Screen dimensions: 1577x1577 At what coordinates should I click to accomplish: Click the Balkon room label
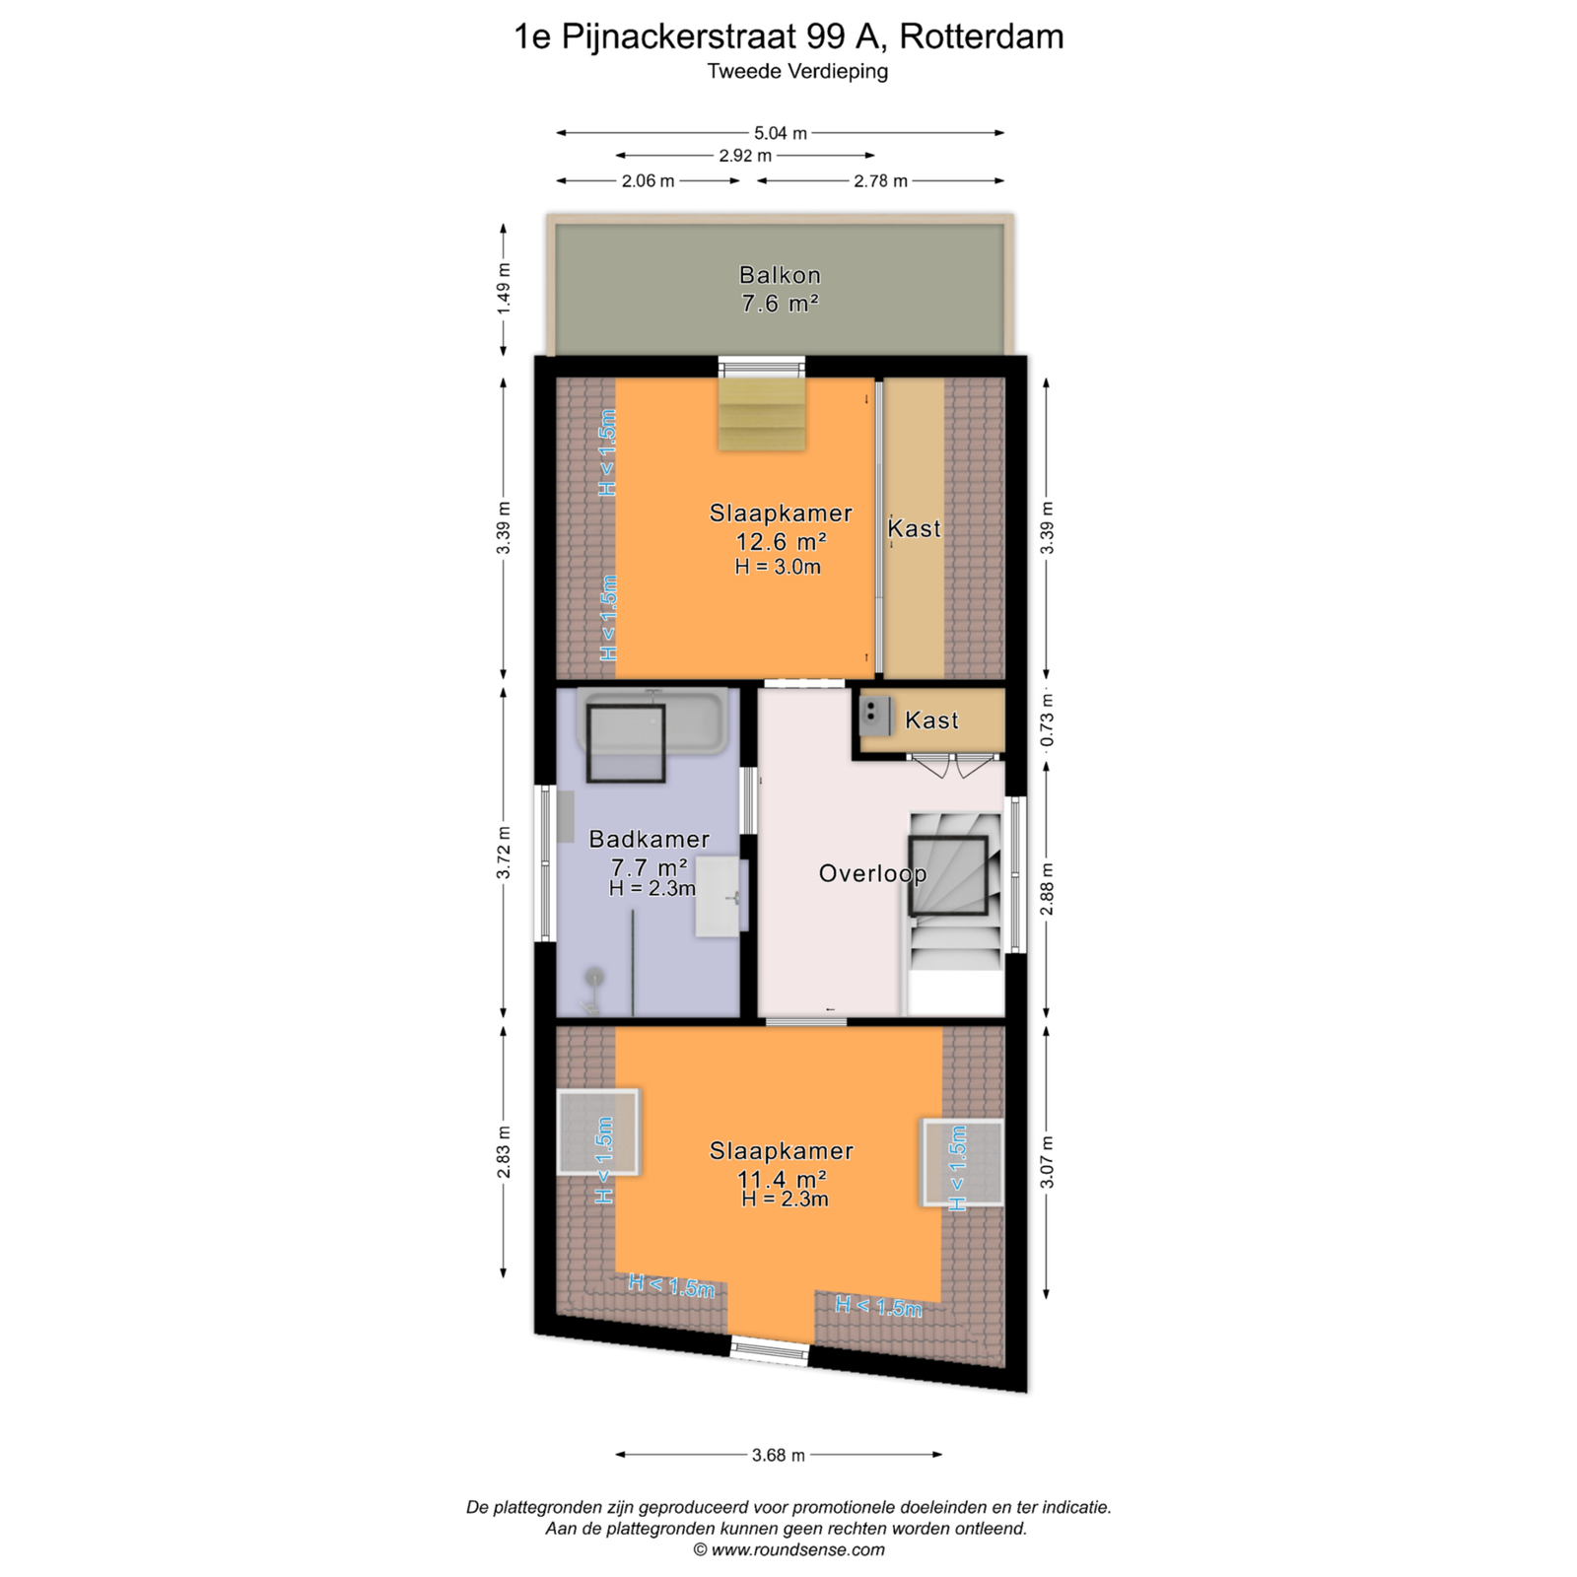tap(780, 275)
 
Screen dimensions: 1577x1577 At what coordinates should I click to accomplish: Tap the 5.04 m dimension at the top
tap(781, 133)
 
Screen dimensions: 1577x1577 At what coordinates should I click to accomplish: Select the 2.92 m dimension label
tap(745, 156)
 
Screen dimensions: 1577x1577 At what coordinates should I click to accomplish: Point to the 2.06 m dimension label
tap(649, 181)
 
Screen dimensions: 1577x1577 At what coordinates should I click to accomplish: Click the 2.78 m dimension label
tap(881, 181)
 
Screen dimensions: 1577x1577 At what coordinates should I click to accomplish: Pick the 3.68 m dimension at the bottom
tap(779, 1455)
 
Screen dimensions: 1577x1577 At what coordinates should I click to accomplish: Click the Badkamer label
tap(650, 839)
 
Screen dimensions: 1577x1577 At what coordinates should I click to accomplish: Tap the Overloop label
tap(873, 873)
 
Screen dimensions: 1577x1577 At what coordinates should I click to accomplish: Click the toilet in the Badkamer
tap(594, 991)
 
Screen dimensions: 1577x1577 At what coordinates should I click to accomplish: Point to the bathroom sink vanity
tap(721, 897)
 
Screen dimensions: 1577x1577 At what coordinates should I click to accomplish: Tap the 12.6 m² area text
tap(781, 541)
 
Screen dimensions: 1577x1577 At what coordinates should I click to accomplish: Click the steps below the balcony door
tap(761, 414)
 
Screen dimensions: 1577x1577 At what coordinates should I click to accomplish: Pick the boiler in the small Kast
tap(875, 717)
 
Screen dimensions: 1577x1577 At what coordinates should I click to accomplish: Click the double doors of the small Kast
tap(954, 766)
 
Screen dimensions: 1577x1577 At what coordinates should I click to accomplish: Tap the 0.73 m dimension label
tap(1047, 720)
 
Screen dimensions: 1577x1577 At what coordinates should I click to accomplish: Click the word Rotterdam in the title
tap(982, 36)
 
